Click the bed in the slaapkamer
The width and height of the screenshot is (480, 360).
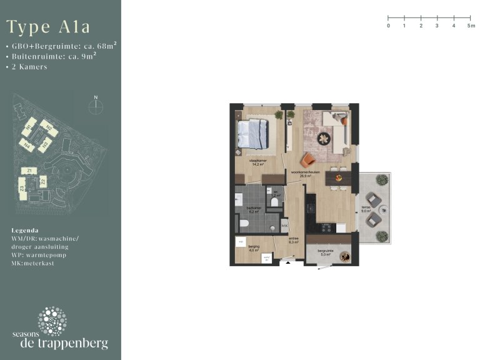[x=253, y=134]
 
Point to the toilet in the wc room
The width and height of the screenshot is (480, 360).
[x=275, y=202]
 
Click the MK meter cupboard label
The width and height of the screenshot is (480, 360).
[x=284, y=226]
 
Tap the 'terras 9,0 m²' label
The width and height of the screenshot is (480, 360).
[x=367, y=210]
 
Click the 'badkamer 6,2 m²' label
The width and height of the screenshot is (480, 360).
[x=253, y=209]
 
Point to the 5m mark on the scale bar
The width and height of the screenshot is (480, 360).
[x=471, y=18]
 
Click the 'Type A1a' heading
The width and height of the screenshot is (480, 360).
[x=48, y=27]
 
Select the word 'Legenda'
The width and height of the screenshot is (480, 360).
[x=25, y=230]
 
